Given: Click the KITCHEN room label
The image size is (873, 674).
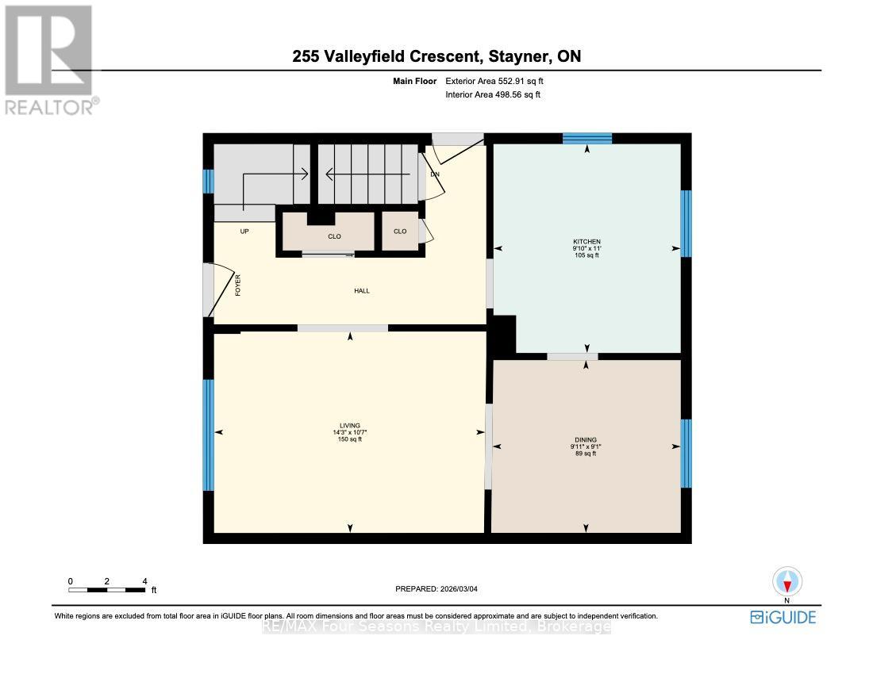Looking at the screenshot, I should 587,242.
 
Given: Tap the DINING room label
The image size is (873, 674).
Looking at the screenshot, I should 586,440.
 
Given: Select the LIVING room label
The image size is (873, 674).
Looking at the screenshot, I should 350,426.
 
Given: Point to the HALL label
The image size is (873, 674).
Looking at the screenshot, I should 362,291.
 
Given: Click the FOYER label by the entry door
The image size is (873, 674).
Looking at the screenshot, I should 237,285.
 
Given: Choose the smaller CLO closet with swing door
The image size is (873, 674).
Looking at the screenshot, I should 400,232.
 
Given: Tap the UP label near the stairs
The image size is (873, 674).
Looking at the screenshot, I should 244,232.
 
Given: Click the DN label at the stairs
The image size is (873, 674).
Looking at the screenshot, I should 435,174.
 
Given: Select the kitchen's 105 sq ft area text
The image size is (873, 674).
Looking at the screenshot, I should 587,255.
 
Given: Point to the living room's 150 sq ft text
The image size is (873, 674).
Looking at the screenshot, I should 350,439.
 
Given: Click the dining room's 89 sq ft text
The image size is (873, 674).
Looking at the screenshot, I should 586,454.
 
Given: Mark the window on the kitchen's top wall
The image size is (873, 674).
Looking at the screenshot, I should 587,138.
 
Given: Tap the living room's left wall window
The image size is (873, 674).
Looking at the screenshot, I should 208,435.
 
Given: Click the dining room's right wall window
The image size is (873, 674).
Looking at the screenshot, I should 686,453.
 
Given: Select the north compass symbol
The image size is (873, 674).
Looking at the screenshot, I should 786,583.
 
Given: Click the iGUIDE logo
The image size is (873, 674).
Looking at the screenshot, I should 783,617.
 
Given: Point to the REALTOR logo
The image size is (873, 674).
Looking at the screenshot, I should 49,60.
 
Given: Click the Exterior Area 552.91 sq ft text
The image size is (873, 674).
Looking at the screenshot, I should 494,81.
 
